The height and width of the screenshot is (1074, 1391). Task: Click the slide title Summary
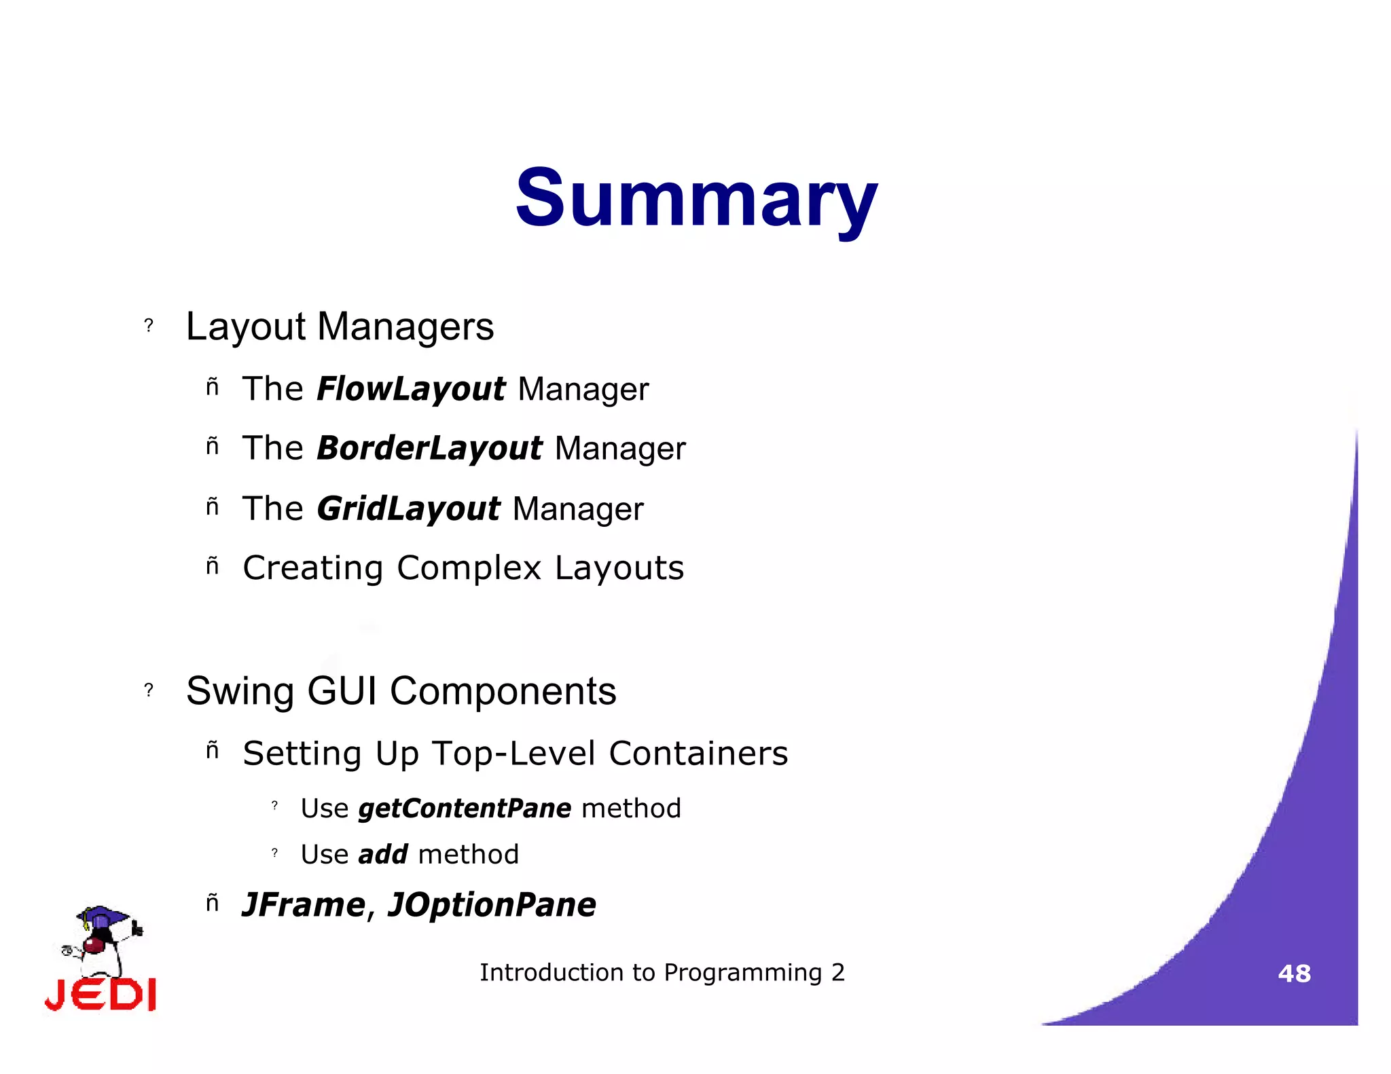point(696,199)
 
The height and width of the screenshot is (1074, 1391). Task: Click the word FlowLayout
point(411,390)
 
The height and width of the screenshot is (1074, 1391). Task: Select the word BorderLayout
point(429,449)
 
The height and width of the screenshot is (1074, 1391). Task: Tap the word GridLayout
point(408,509)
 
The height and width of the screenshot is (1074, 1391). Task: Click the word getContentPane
point(465,809)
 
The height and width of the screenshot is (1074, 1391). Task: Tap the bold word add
point(383,855)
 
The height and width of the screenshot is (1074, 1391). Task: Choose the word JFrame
point(304,905)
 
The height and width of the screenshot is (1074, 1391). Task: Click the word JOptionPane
point(492,906)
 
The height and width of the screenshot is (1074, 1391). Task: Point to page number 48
point(1294,974)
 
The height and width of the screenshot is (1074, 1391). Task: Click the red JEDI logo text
point(101,995)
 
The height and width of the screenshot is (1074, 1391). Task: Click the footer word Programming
point(742,974)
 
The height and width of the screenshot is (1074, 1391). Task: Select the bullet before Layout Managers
point(149,326)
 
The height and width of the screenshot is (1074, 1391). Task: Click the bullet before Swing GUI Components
point(149,690)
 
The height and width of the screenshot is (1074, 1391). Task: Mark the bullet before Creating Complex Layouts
point(213,566)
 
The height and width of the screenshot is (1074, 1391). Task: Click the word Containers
point(698,754)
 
